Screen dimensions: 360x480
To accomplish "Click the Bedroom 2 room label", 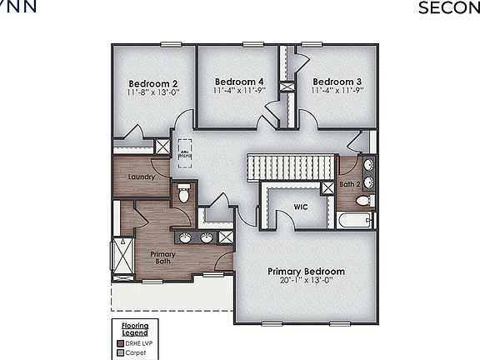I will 152,83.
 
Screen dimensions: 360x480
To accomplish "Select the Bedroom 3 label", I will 337,81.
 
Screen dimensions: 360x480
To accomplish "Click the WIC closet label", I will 301,206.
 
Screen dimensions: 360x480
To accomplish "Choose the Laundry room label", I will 141,177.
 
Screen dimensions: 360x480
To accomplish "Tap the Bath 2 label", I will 349,183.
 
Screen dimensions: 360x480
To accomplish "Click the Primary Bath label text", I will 162,257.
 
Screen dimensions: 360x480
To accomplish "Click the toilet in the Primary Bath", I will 183,195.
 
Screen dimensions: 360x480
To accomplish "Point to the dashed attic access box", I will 186,148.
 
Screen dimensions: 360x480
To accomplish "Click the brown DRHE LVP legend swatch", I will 120,342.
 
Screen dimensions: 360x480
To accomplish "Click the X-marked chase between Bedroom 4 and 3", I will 287,86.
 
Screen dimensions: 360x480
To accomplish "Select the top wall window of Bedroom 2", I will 172,44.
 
